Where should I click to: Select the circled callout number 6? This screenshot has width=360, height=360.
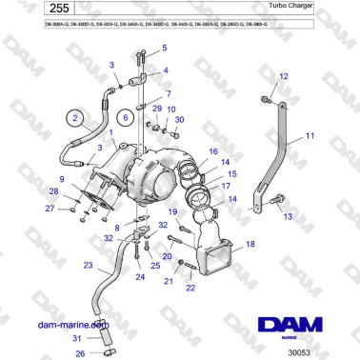tap(124, 118)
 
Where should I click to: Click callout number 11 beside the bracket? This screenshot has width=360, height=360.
tap(309, 136)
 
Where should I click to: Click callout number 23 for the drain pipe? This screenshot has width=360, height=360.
tap(88, 266)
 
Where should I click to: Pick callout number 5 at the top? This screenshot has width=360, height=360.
tap(164, 47)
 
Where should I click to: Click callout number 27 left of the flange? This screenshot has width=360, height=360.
tap(50, 208)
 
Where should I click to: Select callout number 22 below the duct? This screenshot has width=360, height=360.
tap(190, 288)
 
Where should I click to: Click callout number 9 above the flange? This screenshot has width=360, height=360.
tap(62, 179)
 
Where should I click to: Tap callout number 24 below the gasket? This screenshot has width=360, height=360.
tap(140, 277)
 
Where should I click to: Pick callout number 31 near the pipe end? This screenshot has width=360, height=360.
tap(79, 338)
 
